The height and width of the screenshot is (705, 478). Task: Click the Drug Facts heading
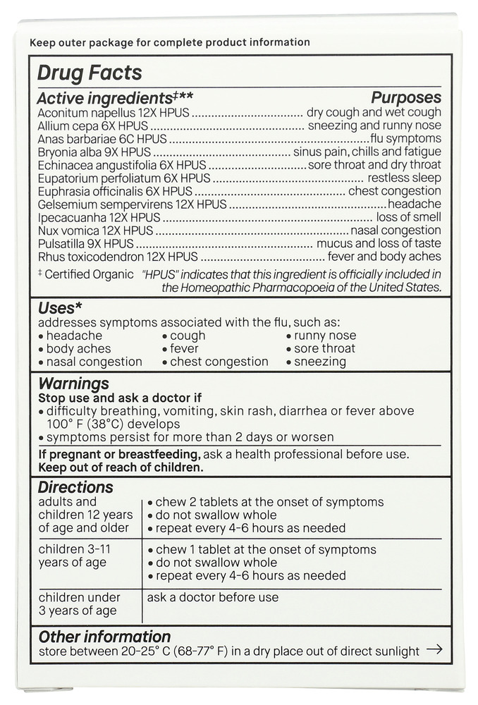[x=89, y=73]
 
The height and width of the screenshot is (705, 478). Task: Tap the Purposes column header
[x=406, y=98]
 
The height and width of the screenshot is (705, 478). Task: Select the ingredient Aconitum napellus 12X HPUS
[x=114, y=113]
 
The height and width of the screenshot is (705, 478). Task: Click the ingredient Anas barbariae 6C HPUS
[x=102, y=139]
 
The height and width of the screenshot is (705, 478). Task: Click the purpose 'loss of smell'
[x=408, y=217]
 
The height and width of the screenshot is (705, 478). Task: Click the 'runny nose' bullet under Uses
[x=325, y=336]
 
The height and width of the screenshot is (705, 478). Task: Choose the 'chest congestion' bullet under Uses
[x=219, y=362]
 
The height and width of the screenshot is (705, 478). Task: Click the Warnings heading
[x=73, y=384]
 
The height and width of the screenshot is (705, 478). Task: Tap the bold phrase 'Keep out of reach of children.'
[x=121, y=467]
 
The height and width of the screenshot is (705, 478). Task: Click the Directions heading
[x=75, y=487]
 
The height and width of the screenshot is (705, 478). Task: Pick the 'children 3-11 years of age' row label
[x=74, y=556]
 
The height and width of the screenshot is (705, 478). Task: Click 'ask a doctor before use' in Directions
[x=212, y=597]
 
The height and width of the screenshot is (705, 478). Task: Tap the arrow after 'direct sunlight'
[x=434, y=650]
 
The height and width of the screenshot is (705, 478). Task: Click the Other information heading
[x=104, y=637]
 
